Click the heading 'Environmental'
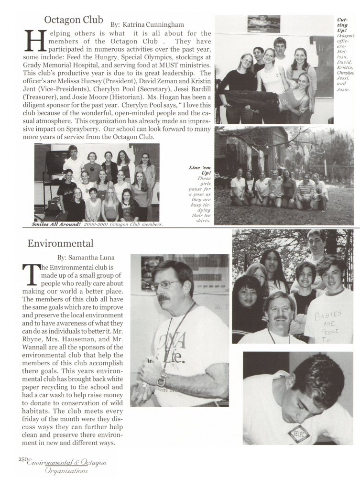60,243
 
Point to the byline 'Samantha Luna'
93,258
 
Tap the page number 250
23,459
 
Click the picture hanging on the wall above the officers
263,24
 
